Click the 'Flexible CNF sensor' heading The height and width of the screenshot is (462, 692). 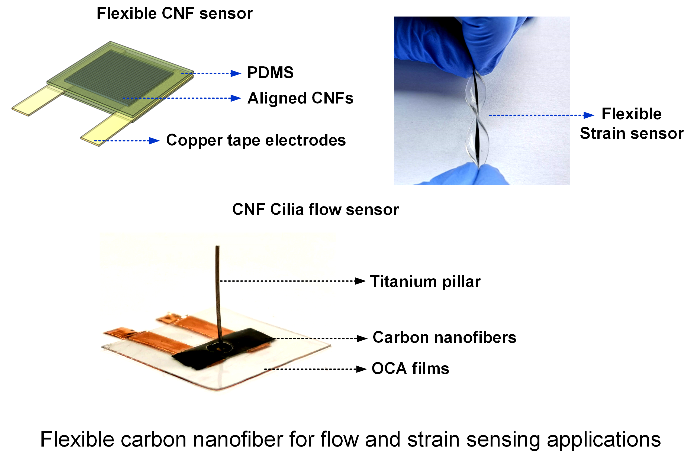pyautogui.click(x=175, y=14)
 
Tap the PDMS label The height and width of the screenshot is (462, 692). pyautogui.click(x=270, y=72)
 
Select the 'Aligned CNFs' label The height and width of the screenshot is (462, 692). pyautogui.click(x=300, y=98)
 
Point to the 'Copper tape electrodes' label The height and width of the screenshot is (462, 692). pyautogui.click(x=256, y=140)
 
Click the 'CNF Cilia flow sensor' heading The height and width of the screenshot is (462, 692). pyautogui.click(x=315, y=210)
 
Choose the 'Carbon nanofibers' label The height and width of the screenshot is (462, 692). pyautogui.click(x=445, y=337)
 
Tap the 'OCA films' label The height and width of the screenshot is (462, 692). pyautogui.click(x=410, y=369)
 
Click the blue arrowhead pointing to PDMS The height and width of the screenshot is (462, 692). pyautogui.click(x=236, y=73)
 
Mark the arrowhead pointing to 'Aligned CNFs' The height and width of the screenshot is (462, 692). pyautogui.click(x=236, y=98)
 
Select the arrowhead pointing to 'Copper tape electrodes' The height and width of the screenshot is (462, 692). pyautogui.click(x=154, y=141)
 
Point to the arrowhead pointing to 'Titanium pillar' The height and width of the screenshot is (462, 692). pyautogui.click(x=360, y=281)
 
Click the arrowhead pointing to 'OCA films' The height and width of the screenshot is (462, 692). pyautogui.click(x=361, y=369)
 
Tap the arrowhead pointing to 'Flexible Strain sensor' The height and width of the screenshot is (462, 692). pyautogui.click(x=589, y=115)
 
